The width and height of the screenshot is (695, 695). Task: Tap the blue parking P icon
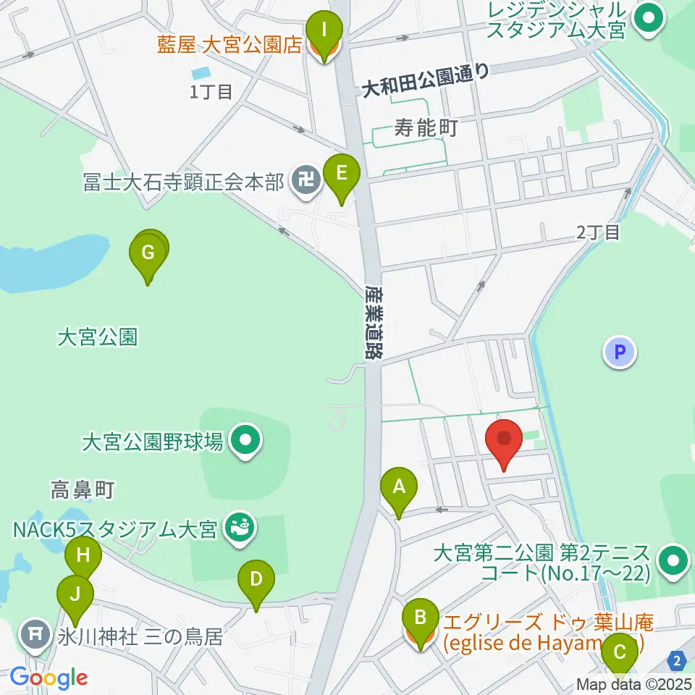pos(620,353)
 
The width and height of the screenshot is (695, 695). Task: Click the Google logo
pos(49,678)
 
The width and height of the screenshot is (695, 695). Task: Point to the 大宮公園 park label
pos(97,337)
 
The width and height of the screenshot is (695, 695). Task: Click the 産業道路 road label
pos(374,321)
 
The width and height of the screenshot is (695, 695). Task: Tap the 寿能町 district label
pos(426,130)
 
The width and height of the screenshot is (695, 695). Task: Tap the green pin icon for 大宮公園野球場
pos(246,442)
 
